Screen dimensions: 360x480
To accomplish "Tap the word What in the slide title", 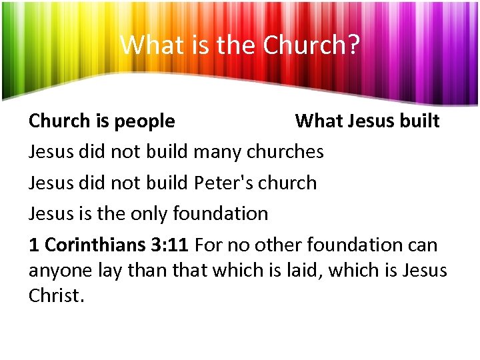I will coord(144,45).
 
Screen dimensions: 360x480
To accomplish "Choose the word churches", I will coord(285,152).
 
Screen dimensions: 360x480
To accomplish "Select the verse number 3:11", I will coord(170,245).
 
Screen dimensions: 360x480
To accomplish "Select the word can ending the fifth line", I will coord(423,245).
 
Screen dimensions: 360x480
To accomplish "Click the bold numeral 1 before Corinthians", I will coord(34,245).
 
